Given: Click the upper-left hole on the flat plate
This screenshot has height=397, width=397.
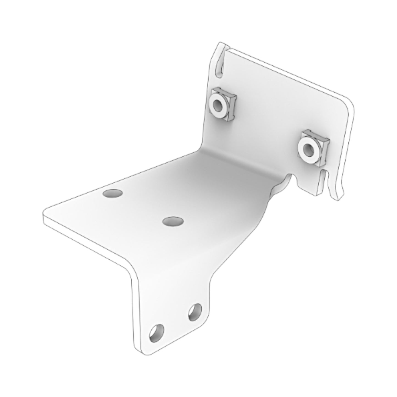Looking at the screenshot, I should point(112,193).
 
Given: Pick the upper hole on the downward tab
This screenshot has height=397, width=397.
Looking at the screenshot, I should point(195,312).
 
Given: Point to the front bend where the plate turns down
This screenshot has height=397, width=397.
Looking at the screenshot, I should point(129,265).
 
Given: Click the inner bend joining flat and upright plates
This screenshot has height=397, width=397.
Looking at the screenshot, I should point(236,162).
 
